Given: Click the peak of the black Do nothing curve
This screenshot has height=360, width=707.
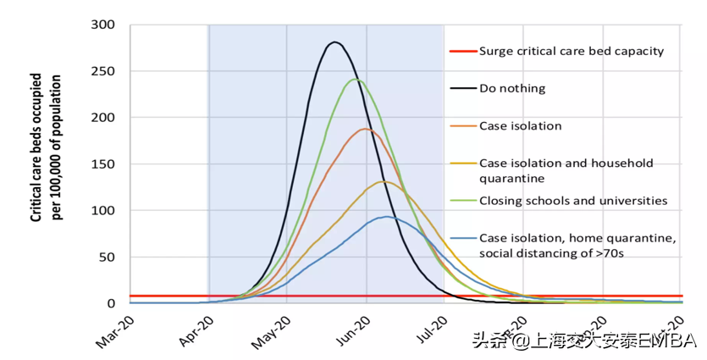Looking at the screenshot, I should pos(335,42).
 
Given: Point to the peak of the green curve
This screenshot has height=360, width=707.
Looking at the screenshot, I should pos(356,80).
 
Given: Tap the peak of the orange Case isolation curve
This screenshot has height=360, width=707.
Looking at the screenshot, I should pos(365,129).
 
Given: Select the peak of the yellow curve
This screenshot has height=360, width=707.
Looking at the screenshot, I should pos(383,181).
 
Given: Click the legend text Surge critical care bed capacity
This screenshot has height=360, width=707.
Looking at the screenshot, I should pos(571,51).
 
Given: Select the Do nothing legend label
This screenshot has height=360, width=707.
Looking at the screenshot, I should pos(512,88).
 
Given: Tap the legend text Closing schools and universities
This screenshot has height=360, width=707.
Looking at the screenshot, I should pos(573,201).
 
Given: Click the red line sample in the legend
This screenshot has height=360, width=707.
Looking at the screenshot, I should pos(461,51).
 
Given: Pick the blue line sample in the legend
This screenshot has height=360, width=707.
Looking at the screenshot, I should pos(461,238).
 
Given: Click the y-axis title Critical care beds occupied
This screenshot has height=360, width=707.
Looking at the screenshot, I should pos(38,148).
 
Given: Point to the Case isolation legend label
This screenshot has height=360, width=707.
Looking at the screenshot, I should pos(520,126).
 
